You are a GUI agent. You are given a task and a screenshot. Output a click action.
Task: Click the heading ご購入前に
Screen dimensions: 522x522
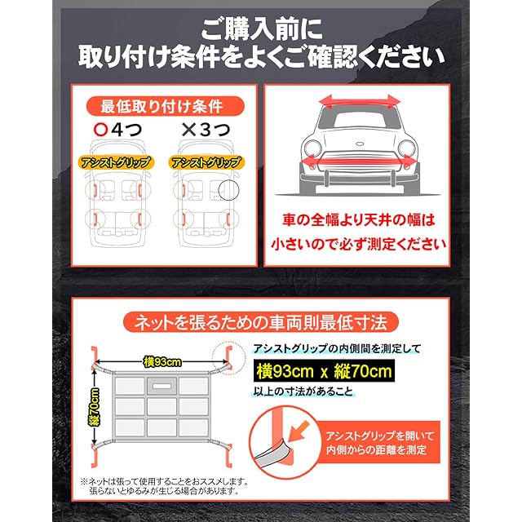(262, 29)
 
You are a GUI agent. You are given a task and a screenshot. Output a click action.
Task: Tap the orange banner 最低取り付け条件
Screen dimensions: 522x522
(165, 106)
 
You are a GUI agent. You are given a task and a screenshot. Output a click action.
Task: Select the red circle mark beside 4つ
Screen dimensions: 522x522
(100, 130)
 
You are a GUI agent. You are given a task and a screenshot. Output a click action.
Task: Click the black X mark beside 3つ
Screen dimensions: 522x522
(188, 130)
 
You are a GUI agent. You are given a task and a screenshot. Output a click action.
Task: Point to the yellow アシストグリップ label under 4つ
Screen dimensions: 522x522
(116, 162)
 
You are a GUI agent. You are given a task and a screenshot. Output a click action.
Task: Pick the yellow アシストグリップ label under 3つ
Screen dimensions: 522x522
(206, 162)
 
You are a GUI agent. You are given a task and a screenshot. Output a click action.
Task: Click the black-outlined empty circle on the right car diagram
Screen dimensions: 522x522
(228, 190)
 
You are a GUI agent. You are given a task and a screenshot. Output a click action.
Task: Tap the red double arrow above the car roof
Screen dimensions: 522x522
(359, 101)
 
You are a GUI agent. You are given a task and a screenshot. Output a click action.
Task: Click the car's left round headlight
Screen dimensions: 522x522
(313, 148)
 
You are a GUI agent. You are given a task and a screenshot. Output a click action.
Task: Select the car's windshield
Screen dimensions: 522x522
(359, 119)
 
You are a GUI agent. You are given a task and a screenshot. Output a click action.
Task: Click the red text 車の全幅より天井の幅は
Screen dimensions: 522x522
(359, 220)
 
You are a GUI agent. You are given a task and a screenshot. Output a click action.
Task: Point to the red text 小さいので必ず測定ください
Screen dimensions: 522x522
(359, 244)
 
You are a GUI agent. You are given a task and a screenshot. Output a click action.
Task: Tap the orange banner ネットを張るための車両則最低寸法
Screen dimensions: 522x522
(261, 322)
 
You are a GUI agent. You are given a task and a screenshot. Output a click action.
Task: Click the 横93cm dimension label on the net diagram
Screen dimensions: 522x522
(162, 362)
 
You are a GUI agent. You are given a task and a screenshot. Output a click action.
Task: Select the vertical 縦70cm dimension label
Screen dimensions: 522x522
(94, 407)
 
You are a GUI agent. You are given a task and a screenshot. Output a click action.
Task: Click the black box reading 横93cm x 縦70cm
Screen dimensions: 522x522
(324, 370)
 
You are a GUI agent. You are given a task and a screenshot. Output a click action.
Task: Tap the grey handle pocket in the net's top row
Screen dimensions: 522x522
(161, 386)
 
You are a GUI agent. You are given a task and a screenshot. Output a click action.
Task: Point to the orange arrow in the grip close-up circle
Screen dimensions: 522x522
(299, 430)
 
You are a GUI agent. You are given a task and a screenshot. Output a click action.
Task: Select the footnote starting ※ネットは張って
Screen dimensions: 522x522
(164, 486)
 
